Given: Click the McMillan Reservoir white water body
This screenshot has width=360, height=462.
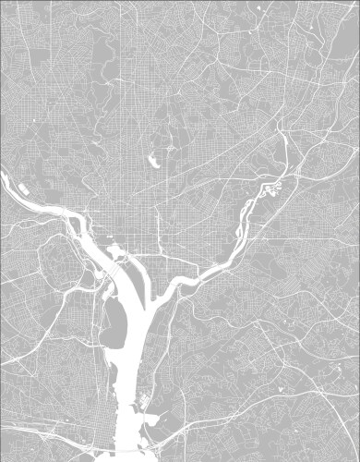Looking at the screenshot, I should coord(153,161).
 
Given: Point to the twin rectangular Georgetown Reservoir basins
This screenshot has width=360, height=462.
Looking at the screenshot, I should coord(22,189).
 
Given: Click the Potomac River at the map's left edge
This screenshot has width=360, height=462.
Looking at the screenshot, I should coord(4,171).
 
